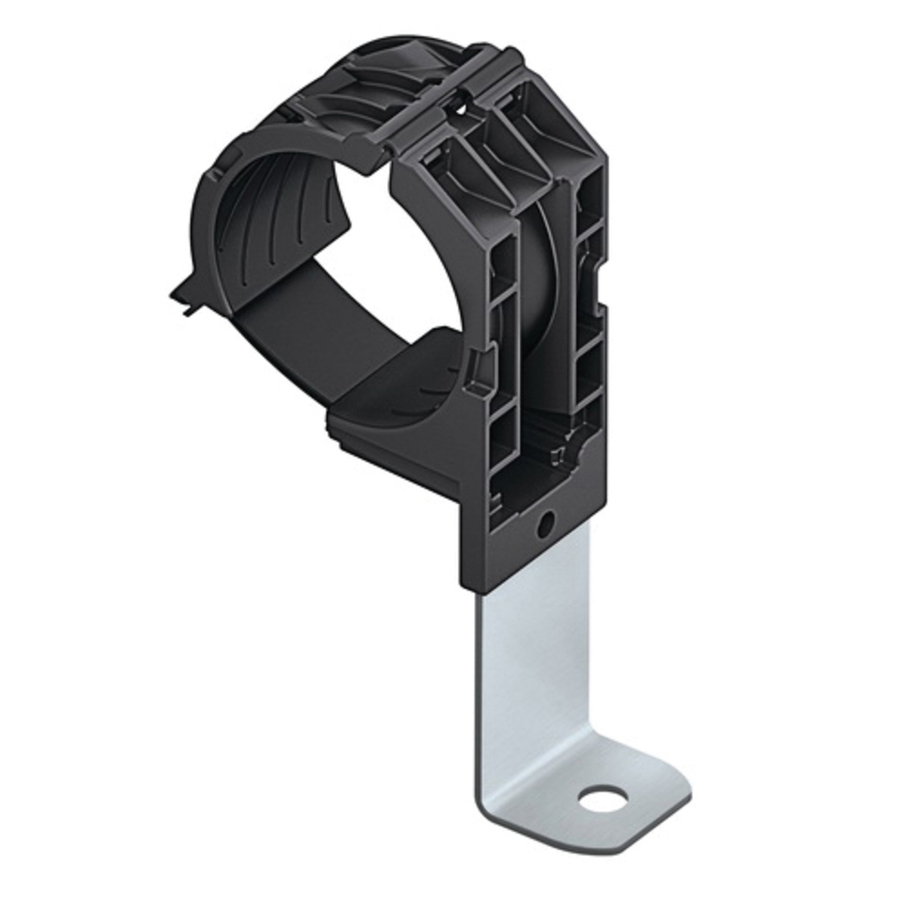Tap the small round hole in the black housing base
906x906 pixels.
[546, 524]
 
